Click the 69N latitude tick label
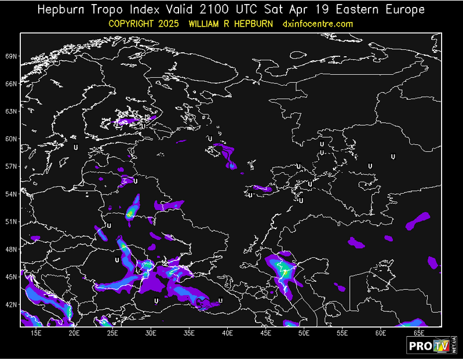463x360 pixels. pos(12,56)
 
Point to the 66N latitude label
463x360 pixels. pos(12,83)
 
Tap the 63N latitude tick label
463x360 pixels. pos(12,111)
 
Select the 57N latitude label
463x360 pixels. pos(12,166)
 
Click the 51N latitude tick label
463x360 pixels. pos(12,221)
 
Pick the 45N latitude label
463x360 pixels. pos(12,277)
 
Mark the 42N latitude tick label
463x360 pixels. pos(12,304)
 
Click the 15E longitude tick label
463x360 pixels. pos(36,333)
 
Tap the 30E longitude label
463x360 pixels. pos(151,333)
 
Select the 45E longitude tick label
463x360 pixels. pos(266,333)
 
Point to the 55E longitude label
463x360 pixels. pos(342,333)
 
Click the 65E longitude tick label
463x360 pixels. pos(419,333)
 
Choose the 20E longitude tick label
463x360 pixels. pos(74,333)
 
